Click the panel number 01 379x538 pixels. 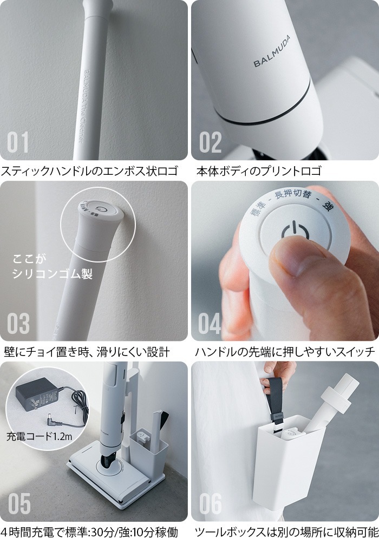pyautogui.click(x=18, y=142)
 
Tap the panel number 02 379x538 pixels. pyautogui.click(x=211, y=142)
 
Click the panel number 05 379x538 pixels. pyautogui.click(x=18, y=503)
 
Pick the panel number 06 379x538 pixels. pyautogui.click(x=210, y=503)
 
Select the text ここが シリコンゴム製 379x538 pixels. pyautogui.click(x=52, y=266)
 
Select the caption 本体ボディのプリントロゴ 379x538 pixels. pyautogui.click(x=259, y=172)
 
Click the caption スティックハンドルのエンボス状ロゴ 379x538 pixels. pyautogui.click(x=89, y=172)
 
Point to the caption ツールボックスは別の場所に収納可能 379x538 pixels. pyautogui.click(x=285, y=532)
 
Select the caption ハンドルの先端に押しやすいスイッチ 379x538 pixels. pyautogui.click(x=284, y=352)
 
